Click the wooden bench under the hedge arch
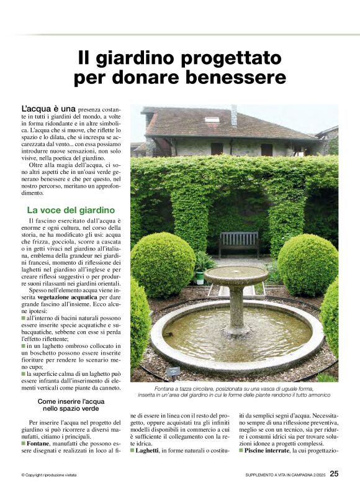point(238,242)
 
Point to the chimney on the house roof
point(234,116)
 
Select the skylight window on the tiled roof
point(212,119)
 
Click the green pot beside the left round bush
point(200,277)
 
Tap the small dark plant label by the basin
point(173,370)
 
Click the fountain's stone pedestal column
point(236,307)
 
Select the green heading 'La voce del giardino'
point(71,210)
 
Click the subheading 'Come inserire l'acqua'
point(71,401)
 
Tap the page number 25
point(334,474)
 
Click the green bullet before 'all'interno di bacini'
point(23,317)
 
